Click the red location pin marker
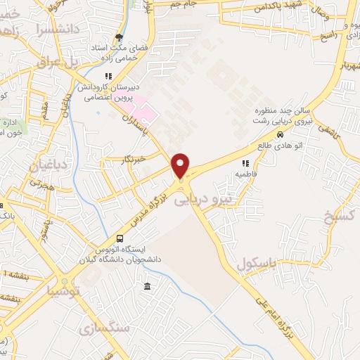181,166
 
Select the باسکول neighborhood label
260,264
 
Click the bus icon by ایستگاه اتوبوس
120,239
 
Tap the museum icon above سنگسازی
146,286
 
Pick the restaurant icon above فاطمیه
245,163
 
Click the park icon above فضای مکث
119,37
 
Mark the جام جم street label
183,5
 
